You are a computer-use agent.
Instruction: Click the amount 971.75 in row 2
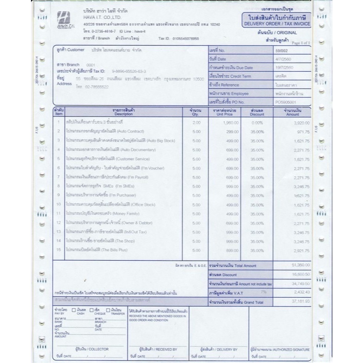(301, 131)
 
